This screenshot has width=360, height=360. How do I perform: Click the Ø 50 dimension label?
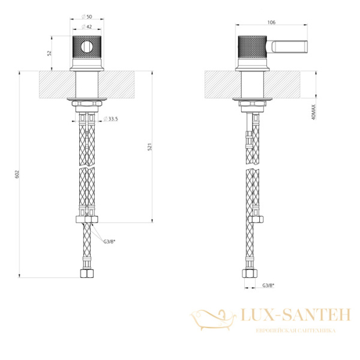pos(87,17)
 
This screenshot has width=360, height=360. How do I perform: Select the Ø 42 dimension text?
pos(87,26)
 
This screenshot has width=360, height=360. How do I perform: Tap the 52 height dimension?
pos(49,53)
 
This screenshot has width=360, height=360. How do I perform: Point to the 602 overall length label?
pos(17,175)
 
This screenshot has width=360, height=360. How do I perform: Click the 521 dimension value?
pos(149,147)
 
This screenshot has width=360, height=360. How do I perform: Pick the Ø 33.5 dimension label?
pos(110,119)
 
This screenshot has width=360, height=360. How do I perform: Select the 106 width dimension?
pos(271,22)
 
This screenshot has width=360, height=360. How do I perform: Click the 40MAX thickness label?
pos(314,112)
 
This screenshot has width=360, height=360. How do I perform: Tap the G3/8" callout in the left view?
pos(109,241)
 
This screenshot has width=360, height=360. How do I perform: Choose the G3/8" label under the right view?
pos(269,286)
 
